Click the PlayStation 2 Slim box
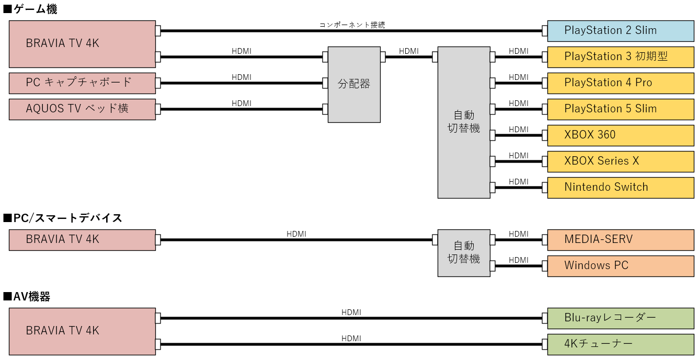[621, 31]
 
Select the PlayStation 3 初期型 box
[621, 57]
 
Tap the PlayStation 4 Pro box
[621, 83]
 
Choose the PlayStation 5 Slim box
[621, 109]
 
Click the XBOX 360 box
[621, 135]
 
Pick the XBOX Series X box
[621, 161]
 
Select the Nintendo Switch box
[621, 188]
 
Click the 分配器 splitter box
[354, 84]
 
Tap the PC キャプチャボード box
[82, 83]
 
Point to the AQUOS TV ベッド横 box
[82, 109]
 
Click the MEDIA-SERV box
[621, 240]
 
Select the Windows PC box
[621, 266]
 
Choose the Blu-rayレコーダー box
[621, 318]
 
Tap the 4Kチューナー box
[621, 344]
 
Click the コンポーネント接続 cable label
[352, 25]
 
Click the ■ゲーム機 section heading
[30, 9]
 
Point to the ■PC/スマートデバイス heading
[63, 218]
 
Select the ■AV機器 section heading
[27, 297]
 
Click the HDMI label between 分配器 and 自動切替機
[409, 51]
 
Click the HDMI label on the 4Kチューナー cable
[351, 339]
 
